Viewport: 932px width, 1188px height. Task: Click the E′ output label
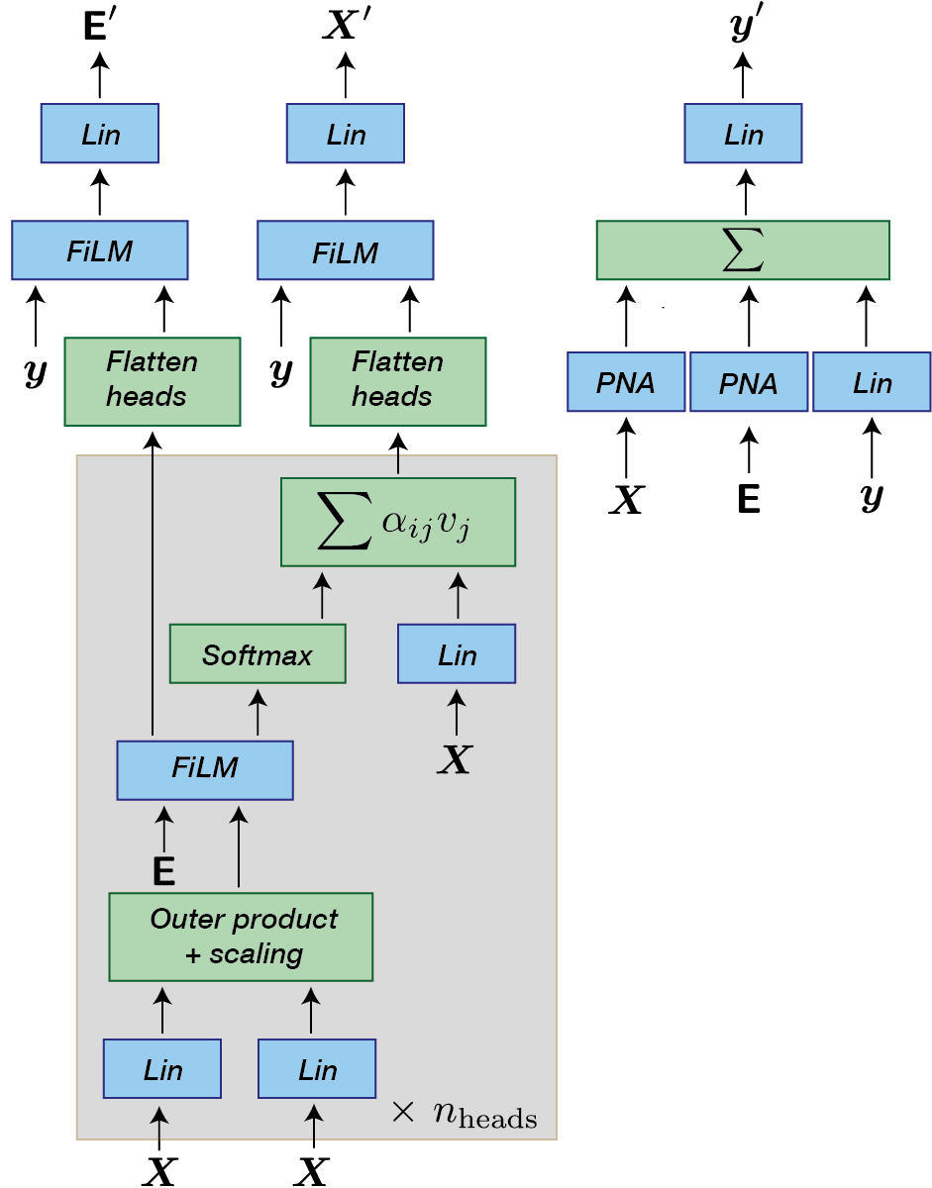99,27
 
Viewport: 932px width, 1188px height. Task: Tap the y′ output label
743,27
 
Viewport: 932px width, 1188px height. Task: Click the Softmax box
258,654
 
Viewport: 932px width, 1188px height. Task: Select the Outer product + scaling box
241,937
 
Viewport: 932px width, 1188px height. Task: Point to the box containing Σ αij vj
398,523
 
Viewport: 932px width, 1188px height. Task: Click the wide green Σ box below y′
743,250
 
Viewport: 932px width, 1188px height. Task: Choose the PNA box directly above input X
626,382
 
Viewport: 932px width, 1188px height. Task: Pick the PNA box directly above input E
749,382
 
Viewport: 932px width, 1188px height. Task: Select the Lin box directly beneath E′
99,134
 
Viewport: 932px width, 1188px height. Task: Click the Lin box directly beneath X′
345,134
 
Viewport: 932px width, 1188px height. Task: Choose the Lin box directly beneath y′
743,134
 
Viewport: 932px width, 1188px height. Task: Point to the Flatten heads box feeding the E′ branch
153,381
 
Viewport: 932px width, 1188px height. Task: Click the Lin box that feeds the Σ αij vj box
457,654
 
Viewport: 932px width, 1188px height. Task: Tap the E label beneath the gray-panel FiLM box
163,872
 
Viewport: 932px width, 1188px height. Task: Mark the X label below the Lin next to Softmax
455,760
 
